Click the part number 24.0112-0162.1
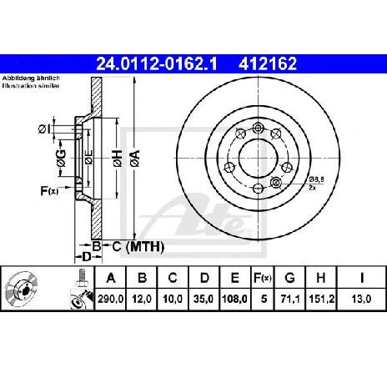pos(157,63)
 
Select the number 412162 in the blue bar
pos(268,63)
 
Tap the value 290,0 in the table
pos(110,299)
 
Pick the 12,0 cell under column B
pos(142,299)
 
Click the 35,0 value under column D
pos(204,299)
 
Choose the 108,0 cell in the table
pos(234,299)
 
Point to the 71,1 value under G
pos(289,299)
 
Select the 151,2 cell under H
pos(321,299)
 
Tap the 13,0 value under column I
pos(361,299)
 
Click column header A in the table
pos(111,278)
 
